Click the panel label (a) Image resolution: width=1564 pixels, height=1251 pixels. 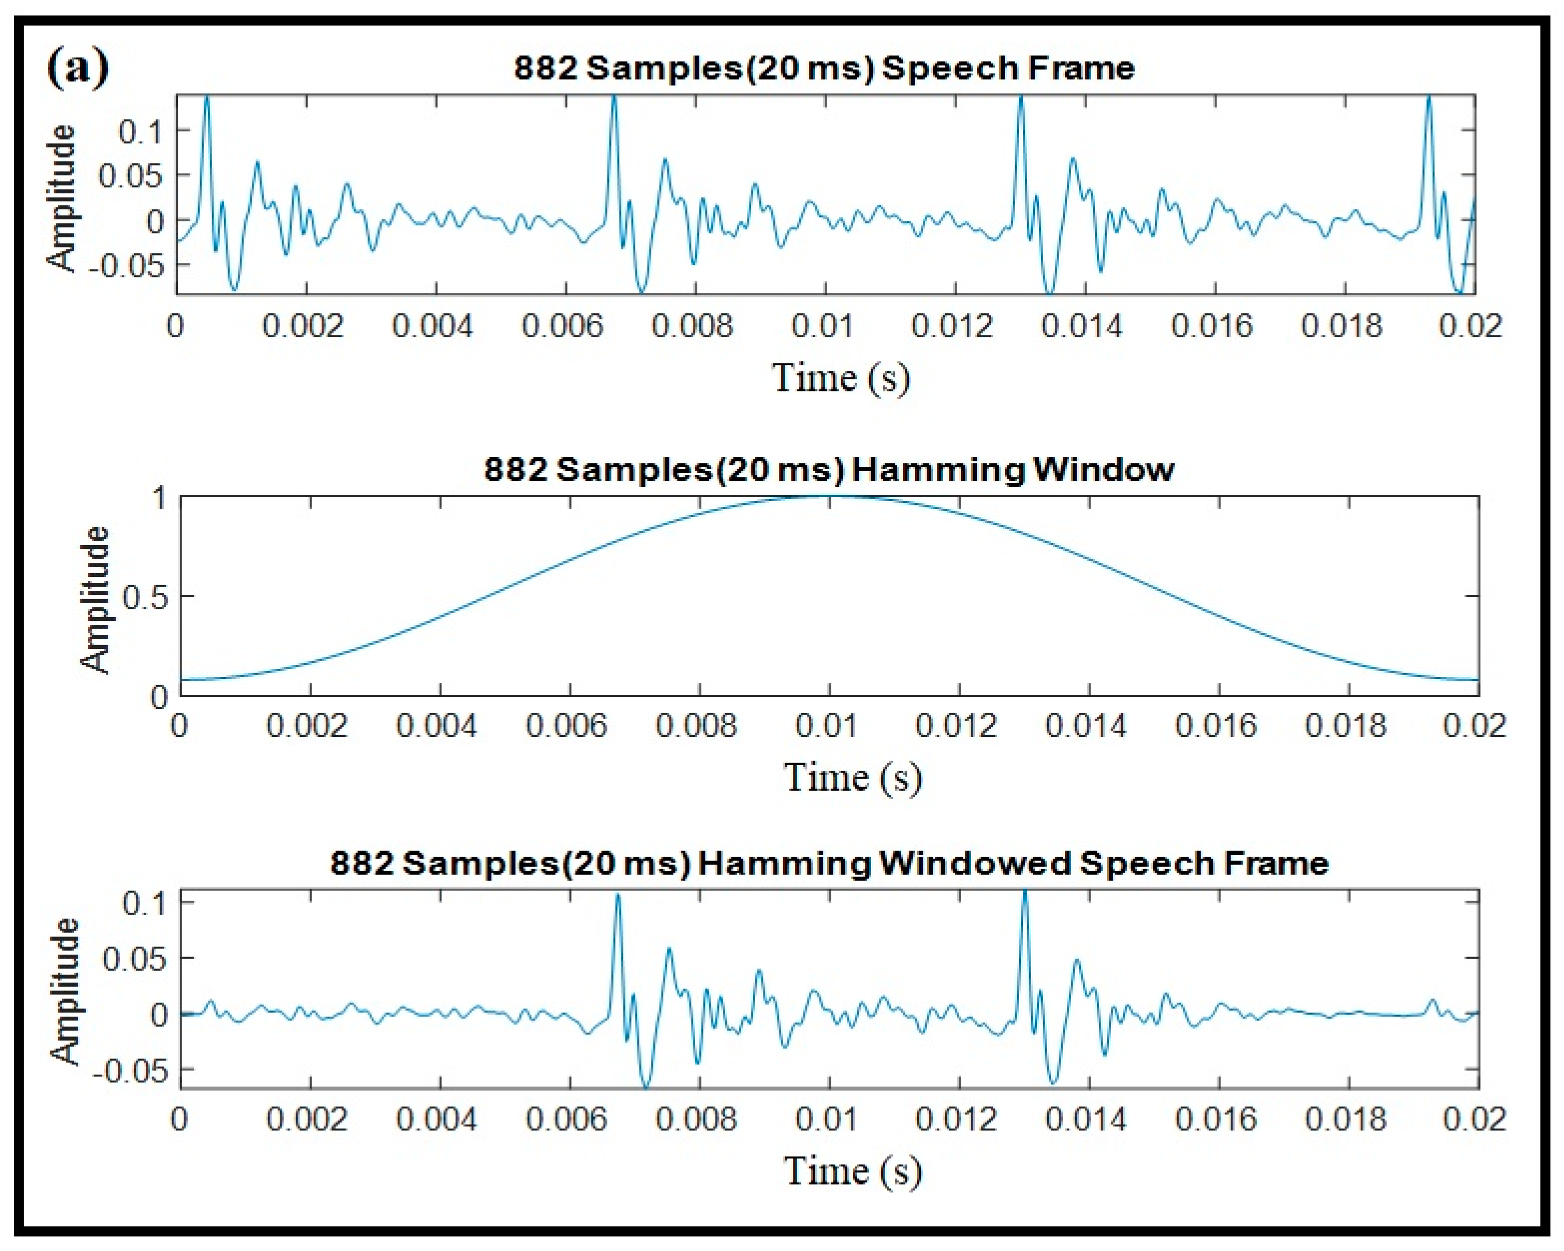(78, 68)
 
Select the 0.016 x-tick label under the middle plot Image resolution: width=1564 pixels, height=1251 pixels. (1215, 726)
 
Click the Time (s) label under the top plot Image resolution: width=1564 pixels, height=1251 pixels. (840, 378)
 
